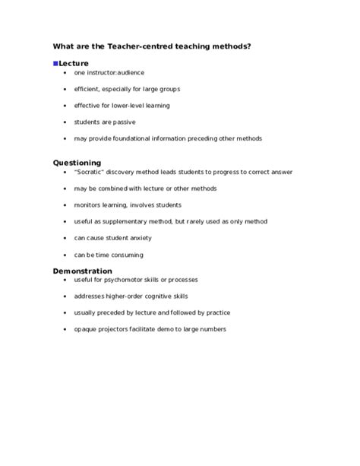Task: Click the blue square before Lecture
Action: pos(55,63)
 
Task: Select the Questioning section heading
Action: pos(77,162)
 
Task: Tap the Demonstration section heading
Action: pos(82,271)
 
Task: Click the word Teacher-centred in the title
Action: pos(133,46)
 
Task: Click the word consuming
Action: pos(126,255)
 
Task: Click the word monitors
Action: pos(88,204)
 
